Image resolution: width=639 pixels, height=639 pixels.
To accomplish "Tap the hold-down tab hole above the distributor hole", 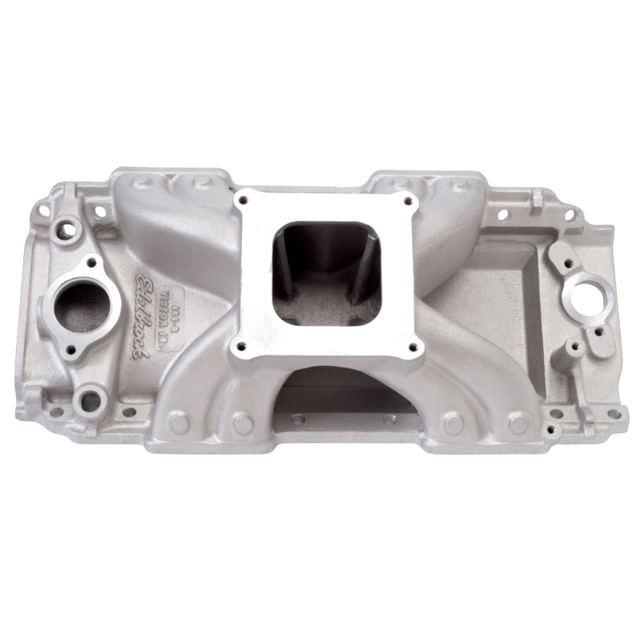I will (566, 261).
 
